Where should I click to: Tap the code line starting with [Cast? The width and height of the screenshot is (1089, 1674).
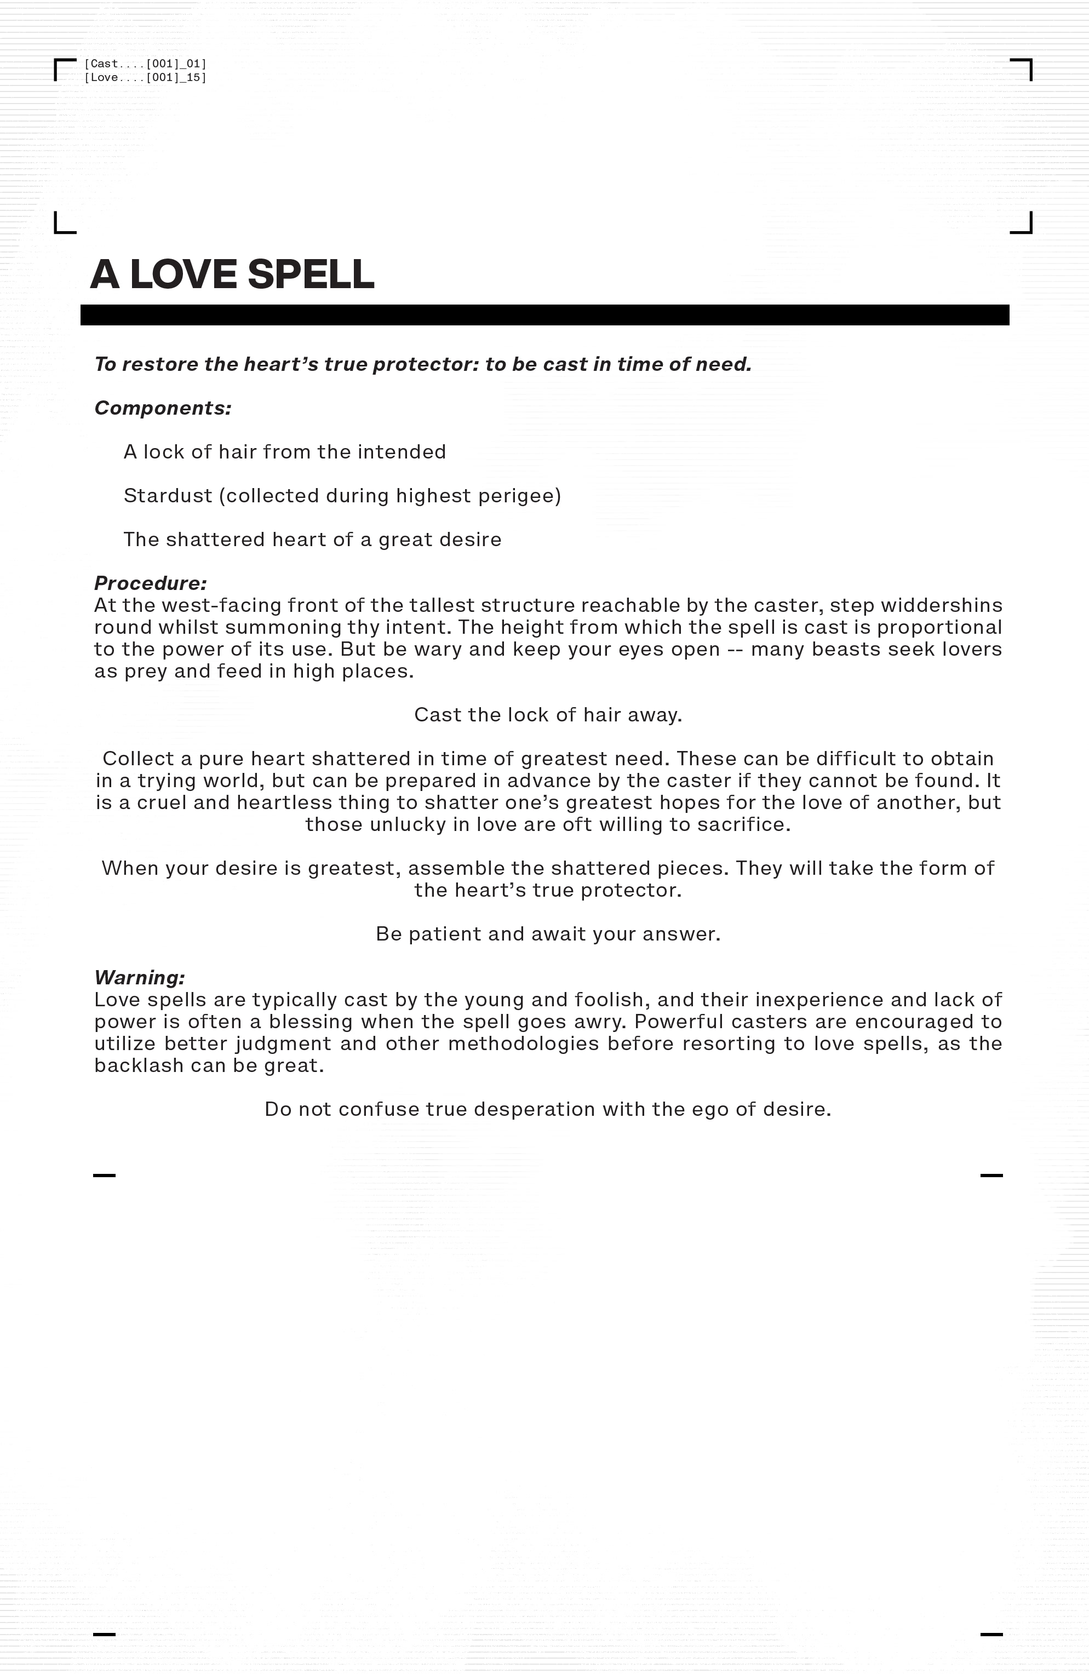click(x=145, y=64)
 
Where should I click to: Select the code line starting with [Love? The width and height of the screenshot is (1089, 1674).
click(x=145, y=77)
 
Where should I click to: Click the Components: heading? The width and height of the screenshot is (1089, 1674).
click(x=163, y=408)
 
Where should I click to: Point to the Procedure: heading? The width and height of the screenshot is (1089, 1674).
click(x=151, y=583)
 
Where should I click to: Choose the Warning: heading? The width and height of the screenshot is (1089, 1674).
click(x=139, y=977)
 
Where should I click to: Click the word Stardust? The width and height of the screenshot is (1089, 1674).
click(x=168, y=496)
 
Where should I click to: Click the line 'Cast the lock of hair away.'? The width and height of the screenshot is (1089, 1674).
click(x=548, y=715)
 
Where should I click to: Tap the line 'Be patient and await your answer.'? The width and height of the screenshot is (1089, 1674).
click(x=548, y=934)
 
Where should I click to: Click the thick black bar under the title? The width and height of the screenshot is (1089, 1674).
click(x=544, y=315)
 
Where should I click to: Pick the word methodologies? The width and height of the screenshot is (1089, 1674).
click(x=523, y=1044)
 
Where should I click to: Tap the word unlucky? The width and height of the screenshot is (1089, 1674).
click(x=408, y=824)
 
